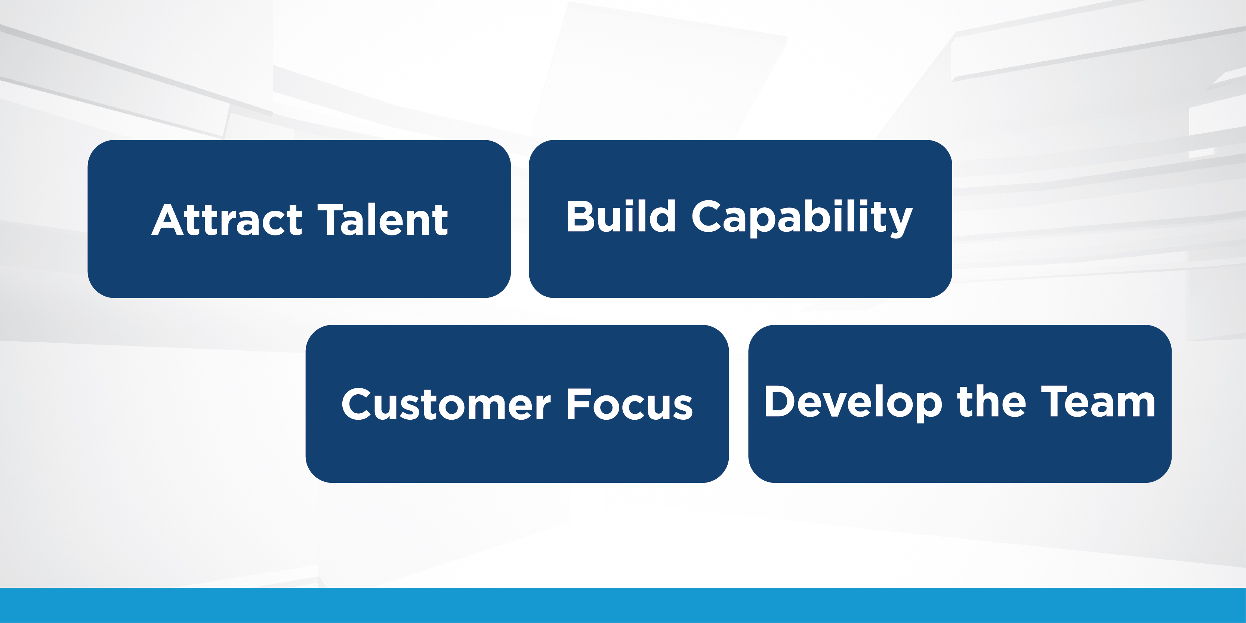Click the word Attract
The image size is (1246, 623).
click(227, 220)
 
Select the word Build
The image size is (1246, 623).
click(621, 216)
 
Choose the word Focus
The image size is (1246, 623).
click(630, 404)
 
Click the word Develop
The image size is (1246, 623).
click(854, 403)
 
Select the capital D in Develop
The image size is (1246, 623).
click(782, 401)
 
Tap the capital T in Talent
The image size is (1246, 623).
click(332, 220)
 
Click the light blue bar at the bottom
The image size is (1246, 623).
click(623, 605)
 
